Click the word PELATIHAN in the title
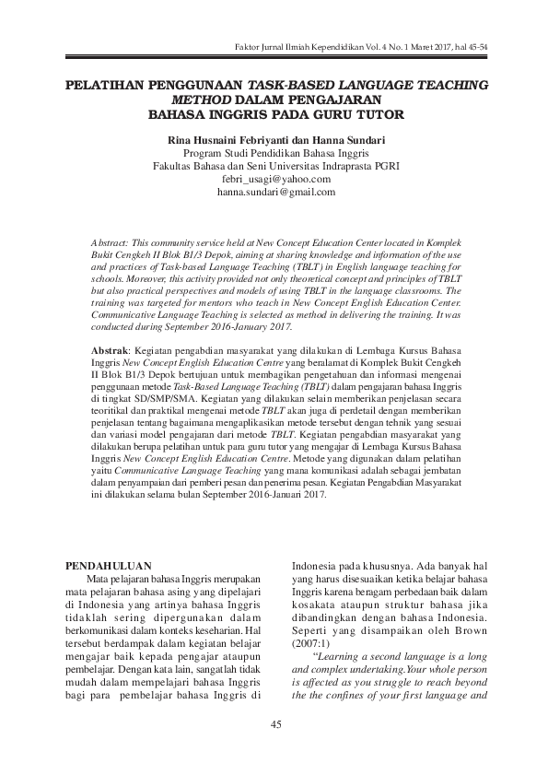[x=106, y=84]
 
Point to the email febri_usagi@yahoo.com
[x=275, y=179]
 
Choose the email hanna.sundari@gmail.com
[x=275, y=193]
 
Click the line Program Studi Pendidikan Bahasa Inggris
[x=275, y=152]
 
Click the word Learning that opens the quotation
[x=353, y=656]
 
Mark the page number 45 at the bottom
[x=274, y=725]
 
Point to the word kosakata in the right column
[x=317, y=612]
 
